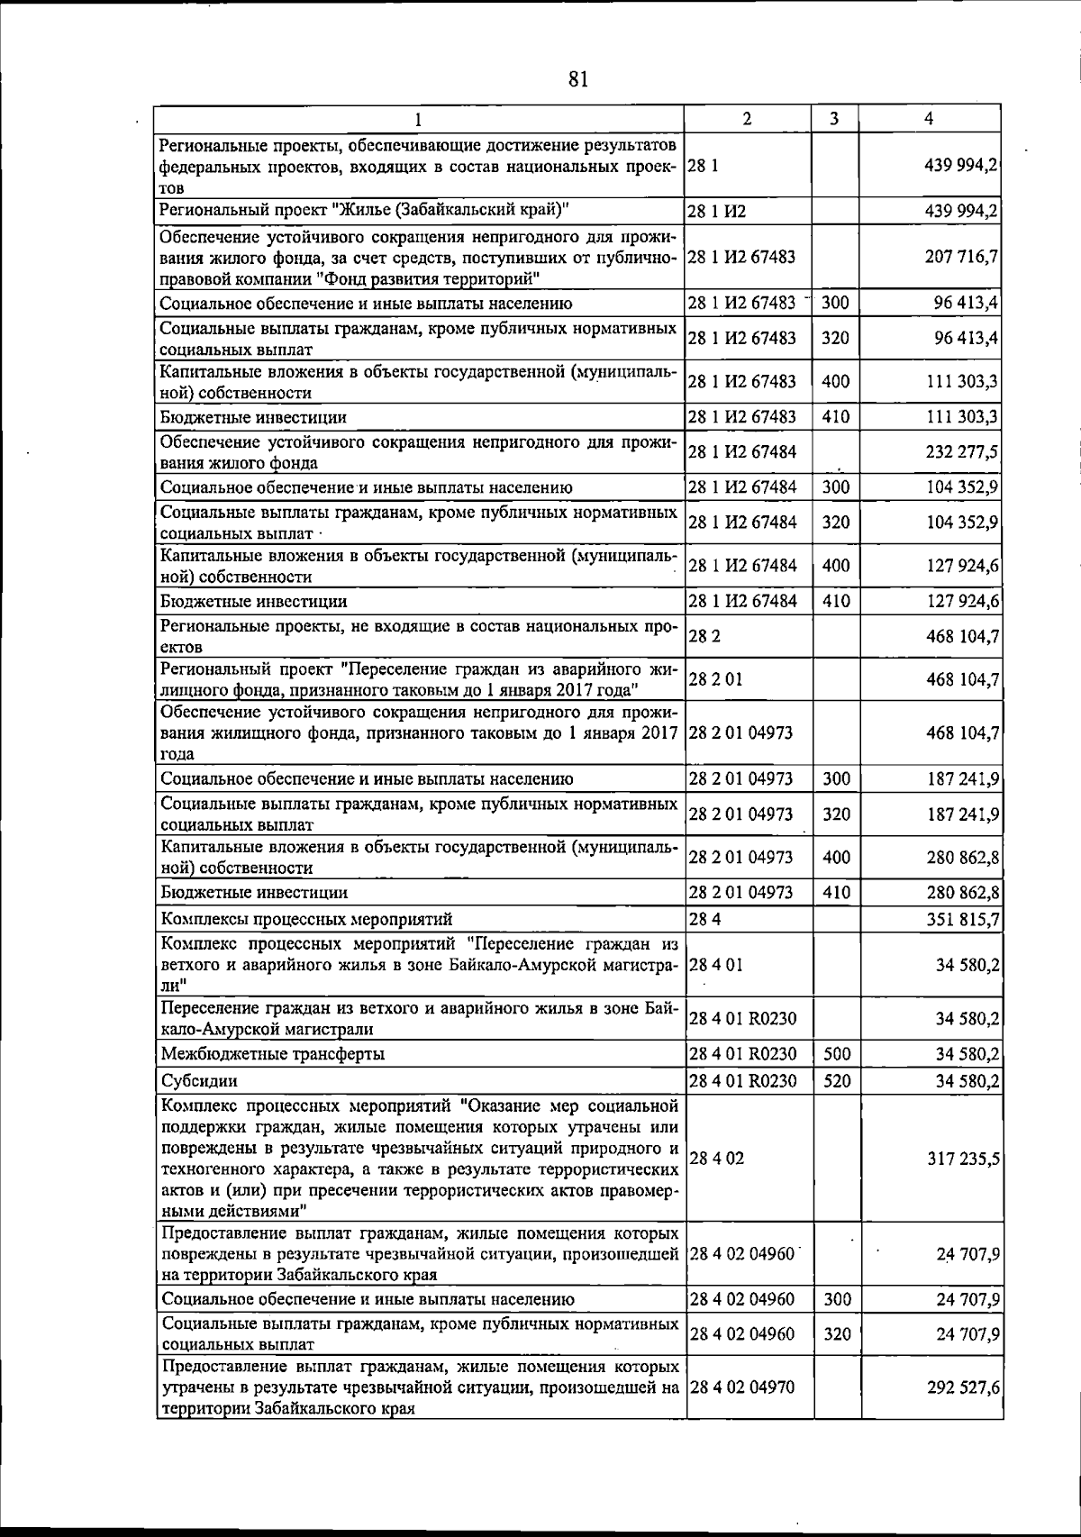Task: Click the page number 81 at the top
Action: point(578,80)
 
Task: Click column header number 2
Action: point(748,119)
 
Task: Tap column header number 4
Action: point(928,119)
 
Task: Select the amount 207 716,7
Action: point(961,257)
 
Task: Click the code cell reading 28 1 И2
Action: point(717,212)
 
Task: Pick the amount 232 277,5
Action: point(961,451)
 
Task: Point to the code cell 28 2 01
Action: point(715,679)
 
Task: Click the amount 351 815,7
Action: point(961,919)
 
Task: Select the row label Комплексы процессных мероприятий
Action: point(306,919)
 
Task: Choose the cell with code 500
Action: point(837,1053)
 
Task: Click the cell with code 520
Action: point(837,1080)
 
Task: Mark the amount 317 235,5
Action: point(961,1159)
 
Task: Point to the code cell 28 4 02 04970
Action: point(741,1413)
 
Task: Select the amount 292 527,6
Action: point(961,1413)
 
